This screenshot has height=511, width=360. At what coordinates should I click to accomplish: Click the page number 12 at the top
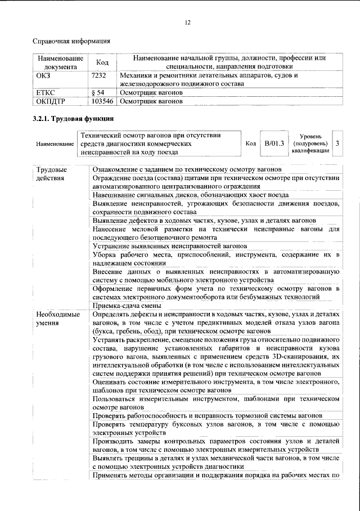(188, 22)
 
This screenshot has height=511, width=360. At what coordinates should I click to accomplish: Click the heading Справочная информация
(71, 41)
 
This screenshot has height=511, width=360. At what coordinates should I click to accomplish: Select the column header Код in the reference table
(102, 63)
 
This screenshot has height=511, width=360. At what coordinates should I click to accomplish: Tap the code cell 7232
(99, 75)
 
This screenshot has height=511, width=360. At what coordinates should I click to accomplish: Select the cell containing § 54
(98, 92)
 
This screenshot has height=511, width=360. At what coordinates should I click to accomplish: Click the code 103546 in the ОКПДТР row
(102, 101)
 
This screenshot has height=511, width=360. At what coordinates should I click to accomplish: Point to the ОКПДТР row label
(51, 101)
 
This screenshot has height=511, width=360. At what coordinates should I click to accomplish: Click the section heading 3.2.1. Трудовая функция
(73, 119)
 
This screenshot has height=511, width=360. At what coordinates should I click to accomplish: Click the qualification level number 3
(336, 144)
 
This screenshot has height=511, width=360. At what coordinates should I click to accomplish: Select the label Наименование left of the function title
(55, 144)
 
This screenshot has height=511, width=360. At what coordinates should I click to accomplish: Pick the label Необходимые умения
(55, 319)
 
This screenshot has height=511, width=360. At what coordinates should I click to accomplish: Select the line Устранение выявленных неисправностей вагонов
(170, 246)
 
